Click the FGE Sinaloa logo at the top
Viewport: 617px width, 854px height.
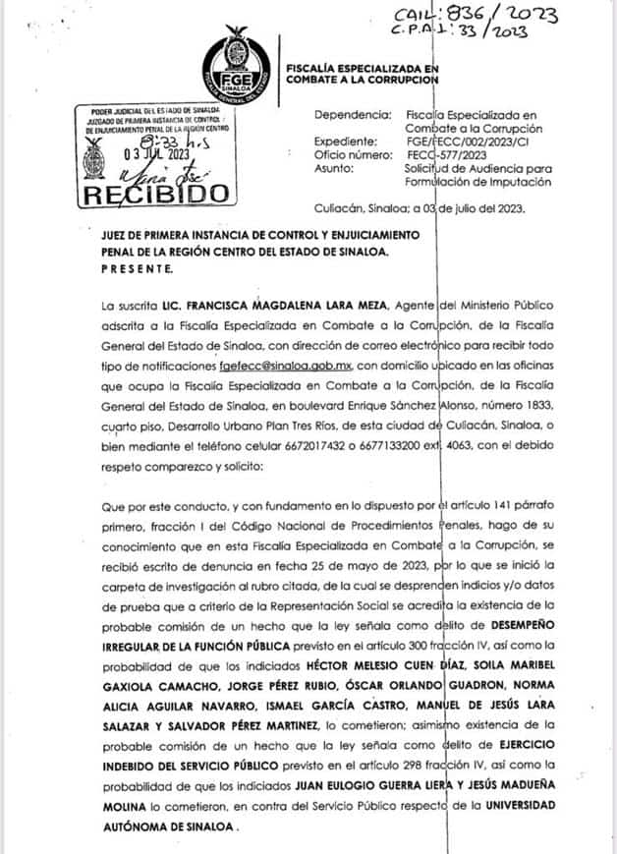click(x=240, y=70)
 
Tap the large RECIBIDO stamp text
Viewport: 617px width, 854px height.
click(x=153, y=194)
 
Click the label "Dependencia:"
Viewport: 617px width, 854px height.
click(x=352, y=115)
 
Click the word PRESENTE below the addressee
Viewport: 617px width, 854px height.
click(x=137, y=268)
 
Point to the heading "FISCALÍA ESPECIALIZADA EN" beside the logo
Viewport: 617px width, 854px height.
click(x=361, y=66)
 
